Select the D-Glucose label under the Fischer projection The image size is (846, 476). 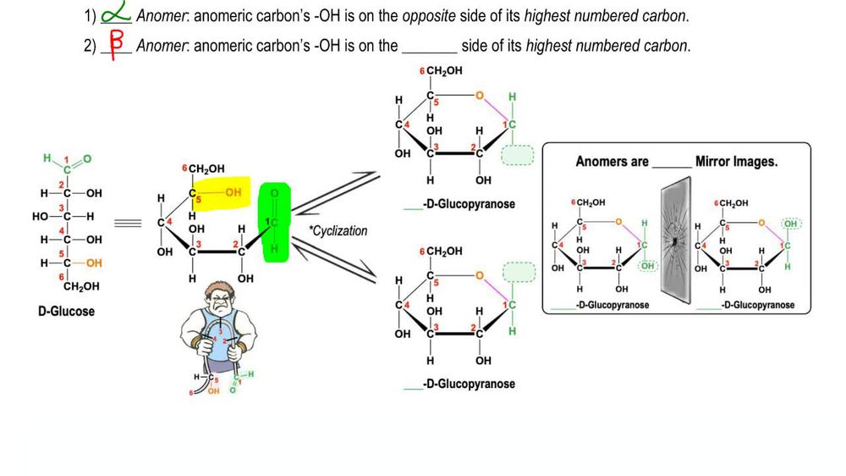click(66, 311)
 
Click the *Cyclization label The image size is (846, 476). click(338, 231)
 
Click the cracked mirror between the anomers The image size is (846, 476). click(674, 239)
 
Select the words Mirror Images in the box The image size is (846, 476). click(735, 161)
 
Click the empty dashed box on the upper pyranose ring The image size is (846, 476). click(517, 155)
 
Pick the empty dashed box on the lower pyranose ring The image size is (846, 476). click(518, 271)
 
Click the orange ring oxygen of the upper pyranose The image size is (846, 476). click(481, 95)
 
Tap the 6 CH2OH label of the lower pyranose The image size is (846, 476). click(441, 252)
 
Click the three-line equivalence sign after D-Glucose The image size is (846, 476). click(127, 224)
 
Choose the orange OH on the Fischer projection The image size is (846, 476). click(94, 263)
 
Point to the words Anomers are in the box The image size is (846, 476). click(612, 161)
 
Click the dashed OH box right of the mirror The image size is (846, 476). click(791, 223)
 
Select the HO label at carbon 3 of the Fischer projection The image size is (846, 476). click(40, 215)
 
